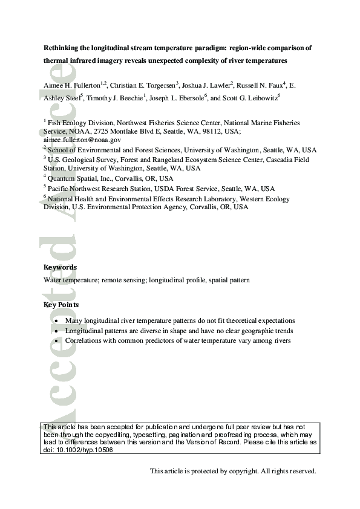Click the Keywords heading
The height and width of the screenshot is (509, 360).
pos(60,267)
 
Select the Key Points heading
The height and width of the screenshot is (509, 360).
pos(61,305)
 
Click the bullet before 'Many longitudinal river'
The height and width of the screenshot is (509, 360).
pos(56,321)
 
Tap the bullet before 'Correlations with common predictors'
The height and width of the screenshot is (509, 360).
pos(56,341)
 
